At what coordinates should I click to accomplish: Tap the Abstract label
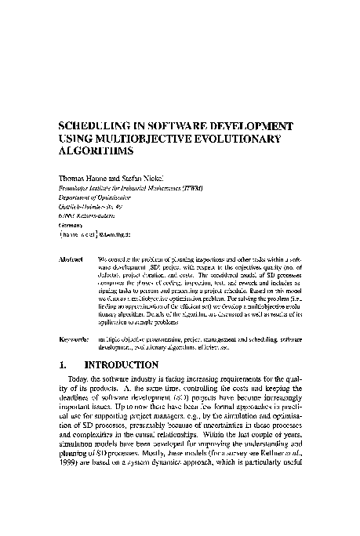(73, 258)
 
